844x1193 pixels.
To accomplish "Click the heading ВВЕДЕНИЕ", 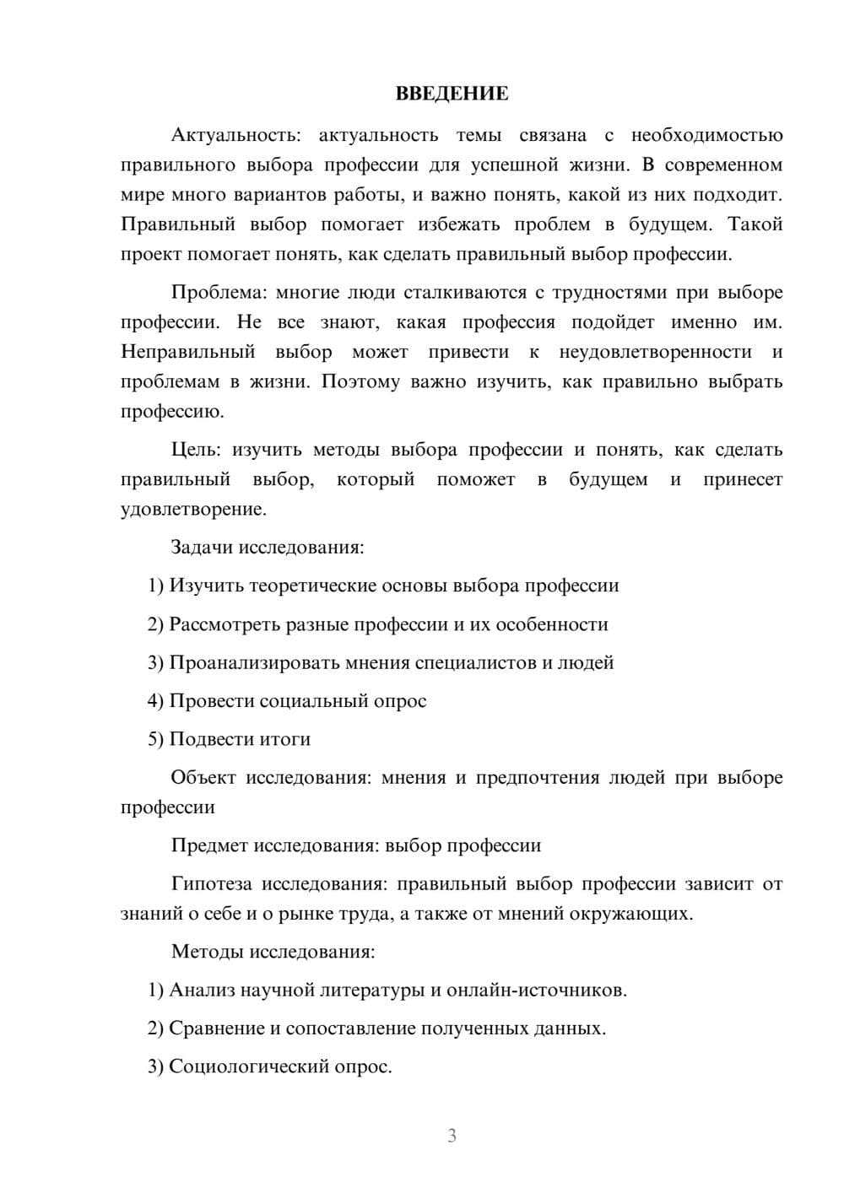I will click(452, 94).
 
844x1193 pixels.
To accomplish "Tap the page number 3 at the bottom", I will click(452, 1136).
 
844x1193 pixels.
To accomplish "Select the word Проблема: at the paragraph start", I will click(219, 293).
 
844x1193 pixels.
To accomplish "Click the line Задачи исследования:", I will click(267, 548).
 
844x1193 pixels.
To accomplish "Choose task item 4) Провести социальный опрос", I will click(287, 701).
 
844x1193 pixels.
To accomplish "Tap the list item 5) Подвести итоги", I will click(229, 739).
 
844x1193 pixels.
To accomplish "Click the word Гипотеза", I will click(211, 884).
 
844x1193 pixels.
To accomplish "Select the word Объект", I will click(203, 778).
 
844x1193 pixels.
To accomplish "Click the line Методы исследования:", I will click(273, 952).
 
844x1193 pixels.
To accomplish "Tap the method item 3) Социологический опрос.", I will click(270, 1067).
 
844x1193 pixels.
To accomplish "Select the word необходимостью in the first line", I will click(706, 135).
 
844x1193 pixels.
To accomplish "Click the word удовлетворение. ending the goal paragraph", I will click(193, 510).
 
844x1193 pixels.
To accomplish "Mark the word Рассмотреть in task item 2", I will click(223, 625).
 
